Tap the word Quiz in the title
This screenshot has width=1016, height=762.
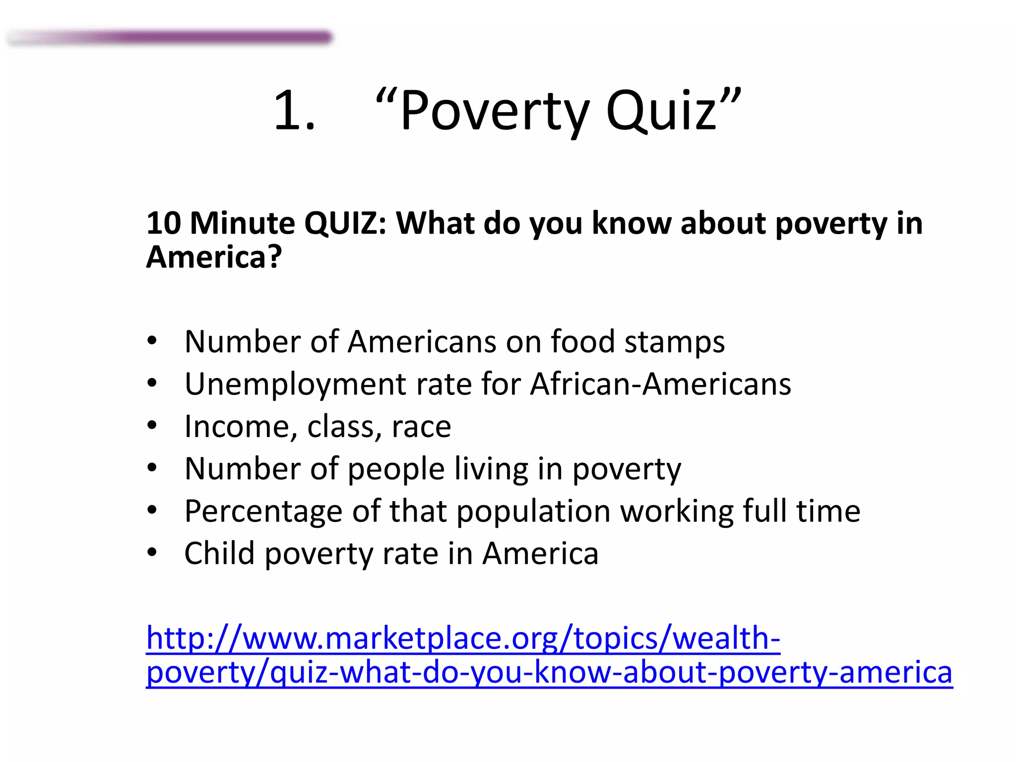point(661,111)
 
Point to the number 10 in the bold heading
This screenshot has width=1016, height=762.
point(164,223)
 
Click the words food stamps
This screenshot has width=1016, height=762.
point(637,342)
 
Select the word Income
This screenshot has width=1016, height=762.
point(238,427)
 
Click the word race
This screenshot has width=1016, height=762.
point(421,427)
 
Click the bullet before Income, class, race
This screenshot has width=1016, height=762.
point(152,426)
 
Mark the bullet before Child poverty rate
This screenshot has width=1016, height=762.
point(152,553)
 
